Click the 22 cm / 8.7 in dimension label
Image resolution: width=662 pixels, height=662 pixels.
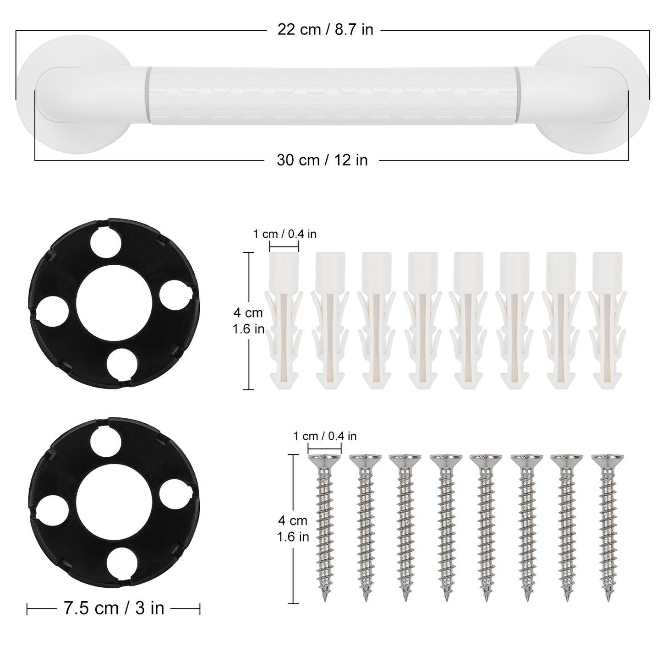coord(325,29)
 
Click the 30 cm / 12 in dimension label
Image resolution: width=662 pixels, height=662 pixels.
coord(322,160)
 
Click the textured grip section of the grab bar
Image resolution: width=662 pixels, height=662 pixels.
coord(332,96)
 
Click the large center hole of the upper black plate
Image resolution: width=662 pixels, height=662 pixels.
coord(114,303)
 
